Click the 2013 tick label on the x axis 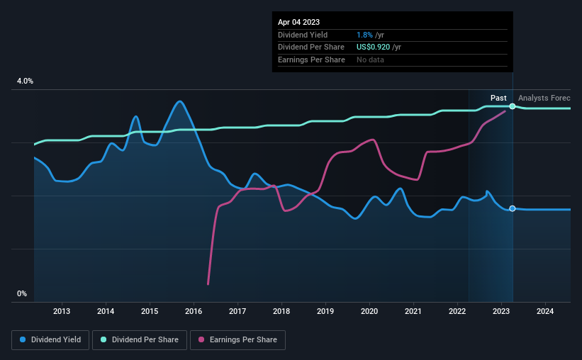(x=62, y=311)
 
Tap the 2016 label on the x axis (x=194, y=311)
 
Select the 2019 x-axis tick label (x=325, y=311)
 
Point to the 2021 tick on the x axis (x=413, y=311)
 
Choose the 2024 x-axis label (x=545, y=311)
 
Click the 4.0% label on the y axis (x=25, y=81)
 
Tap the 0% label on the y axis (x=22, y=293)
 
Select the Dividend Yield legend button (x=50, y=340)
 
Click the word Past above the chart (x=498, y=98)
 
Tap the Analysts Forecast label (x=544, y=98)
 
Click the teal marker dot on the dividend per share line (x=513, y=106)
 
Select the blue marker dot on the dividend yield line (x=513, y=209)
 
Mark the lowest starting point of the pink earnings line (x=208, y=283)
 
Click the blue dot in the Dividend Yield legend (x=23, y=340)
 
